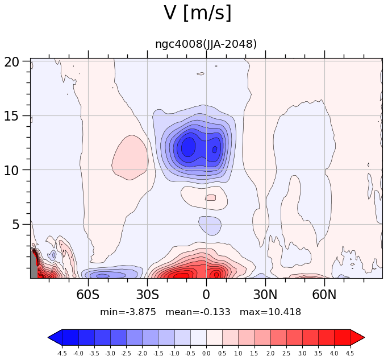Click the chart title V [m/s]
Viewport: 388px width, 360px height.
(198, 13)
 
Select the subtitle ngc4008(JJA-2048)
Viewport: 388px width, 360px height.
(206, 44)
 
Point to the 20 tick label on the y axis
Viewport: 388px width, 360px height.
(11, 61)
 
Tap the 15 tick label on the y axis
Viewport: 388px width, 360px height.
(11, 116)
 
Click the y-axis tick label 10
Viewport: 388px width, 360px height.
(11, 171)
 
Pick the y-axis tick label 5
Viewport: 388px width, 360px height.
(15, 225)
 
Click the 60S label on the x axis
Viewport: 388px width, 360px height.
(88, 295)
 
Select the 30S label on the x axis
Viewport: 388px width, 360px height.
(148, 295)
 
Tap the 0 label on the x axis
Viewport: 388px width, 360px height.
(206, 295)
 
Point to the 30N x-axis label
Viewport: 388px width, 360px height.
(265, 295)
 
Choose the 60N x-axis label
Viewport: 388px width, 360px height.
(324, 295)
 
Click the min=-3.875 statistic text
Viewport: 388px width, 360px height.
(128, 312)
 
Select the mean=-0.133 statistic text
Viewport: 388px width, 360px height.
(198, 312)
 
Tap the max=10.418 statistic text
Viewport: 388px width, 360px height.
(270, 312)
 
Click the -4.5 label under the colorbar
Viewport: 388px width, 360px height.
(61, 353)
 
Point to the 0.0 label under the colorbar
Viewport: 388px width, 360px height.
(206, 353)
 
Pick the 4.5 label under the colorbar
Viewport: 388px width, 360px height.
(351, 353)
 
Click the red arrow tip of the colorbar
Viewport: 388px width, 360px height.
(364, 337)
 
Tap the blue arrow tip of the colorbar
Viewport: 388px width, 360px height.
(48, 337)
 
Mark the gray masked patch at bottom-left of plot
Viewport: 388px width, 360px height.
(34, 265)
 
